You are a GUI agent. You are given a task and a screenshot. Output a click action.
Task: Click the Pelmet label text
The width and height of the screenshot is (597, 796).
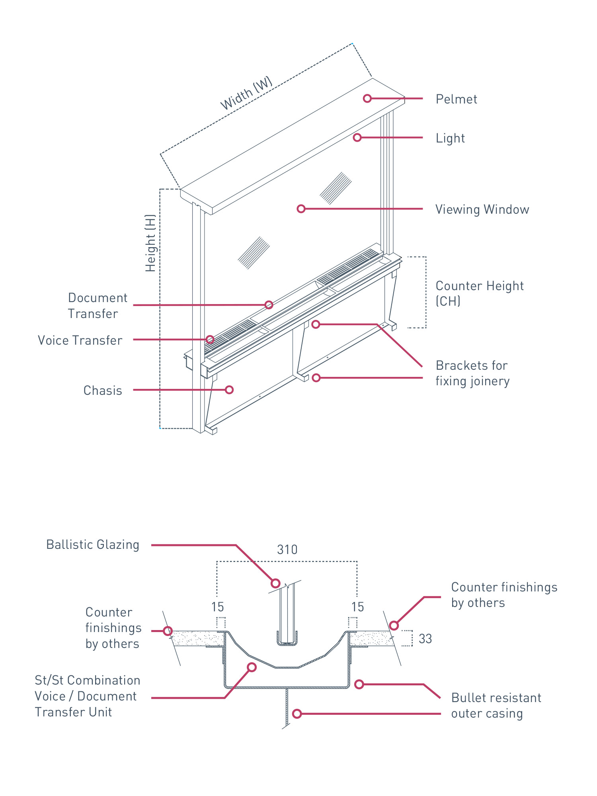coord(456,99)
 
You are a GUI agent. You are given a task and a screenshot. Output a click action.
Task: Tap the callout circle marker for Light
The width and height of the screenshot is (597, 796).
coord(357,137)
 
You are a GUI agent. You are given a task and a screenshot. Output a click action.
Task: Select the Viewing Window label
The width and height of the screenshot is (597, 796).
coord(482,209)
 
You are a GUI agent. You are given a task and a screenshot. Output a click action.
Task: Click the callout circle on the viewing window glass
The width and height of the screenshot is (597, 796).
coord(301,209)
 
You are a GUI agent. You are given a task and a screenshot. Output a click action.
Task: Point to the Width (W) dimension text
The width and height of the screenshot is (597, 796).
coord(246,93)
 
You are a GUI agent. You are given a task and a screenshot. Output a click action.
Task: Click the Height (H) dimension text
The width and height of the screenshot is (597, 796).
coord(150,243)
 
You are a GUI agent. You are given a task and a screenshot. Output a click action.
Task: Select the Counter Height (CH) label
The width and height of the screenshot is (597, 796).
coord(479,293)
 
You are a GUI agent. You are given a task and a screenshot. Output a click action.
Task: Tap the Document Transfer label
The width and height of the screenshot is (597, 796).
coord(98,305)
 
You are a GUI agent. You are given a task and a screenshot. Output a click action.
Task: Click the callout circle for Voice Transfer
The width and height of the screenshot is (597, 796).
coord(210,339)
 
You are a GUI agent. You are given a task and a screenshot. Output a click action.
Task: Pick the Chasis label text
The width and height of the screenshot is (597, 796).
coord(103,390)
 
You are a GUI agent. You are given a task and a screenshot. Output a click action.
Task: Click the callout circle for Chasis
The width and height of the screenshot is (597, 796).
coord(229,390)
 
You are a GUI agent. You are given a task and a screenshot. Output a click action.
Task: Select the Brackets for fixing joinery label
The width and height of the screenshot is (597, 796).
coord(472,373)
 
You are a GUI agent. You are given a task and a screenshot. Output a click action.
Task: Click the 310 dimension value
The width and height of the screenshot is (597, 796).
coord(287,550)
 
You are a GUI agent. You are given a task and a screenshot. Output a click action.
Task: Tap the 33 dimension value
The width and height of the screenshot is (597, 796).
coord(425,639)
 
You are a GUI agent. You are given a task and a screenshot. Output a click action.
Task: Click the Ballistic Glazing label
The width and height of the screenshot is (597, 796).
coord(93,544)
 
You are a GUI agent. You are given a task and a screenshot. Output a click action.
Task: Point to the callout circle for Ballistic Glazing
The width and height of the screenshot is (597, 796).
coord(275,583)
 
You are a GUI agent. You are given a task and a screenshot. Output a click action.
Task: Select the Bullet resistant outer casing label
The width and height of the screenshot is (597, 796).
coord(496,705)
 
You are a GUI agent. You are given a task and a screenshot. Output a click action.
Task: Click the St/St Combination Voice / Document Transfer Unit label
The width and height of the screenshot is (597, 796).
coord(87,696)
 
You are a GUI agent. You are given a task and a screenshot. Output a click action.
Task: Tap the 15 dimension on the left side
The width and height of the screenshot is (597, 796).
coord(217,607)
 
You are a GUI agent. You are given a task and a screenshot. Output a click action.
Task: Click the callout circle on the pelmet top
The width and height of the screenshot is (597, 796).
coord(367,98)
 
